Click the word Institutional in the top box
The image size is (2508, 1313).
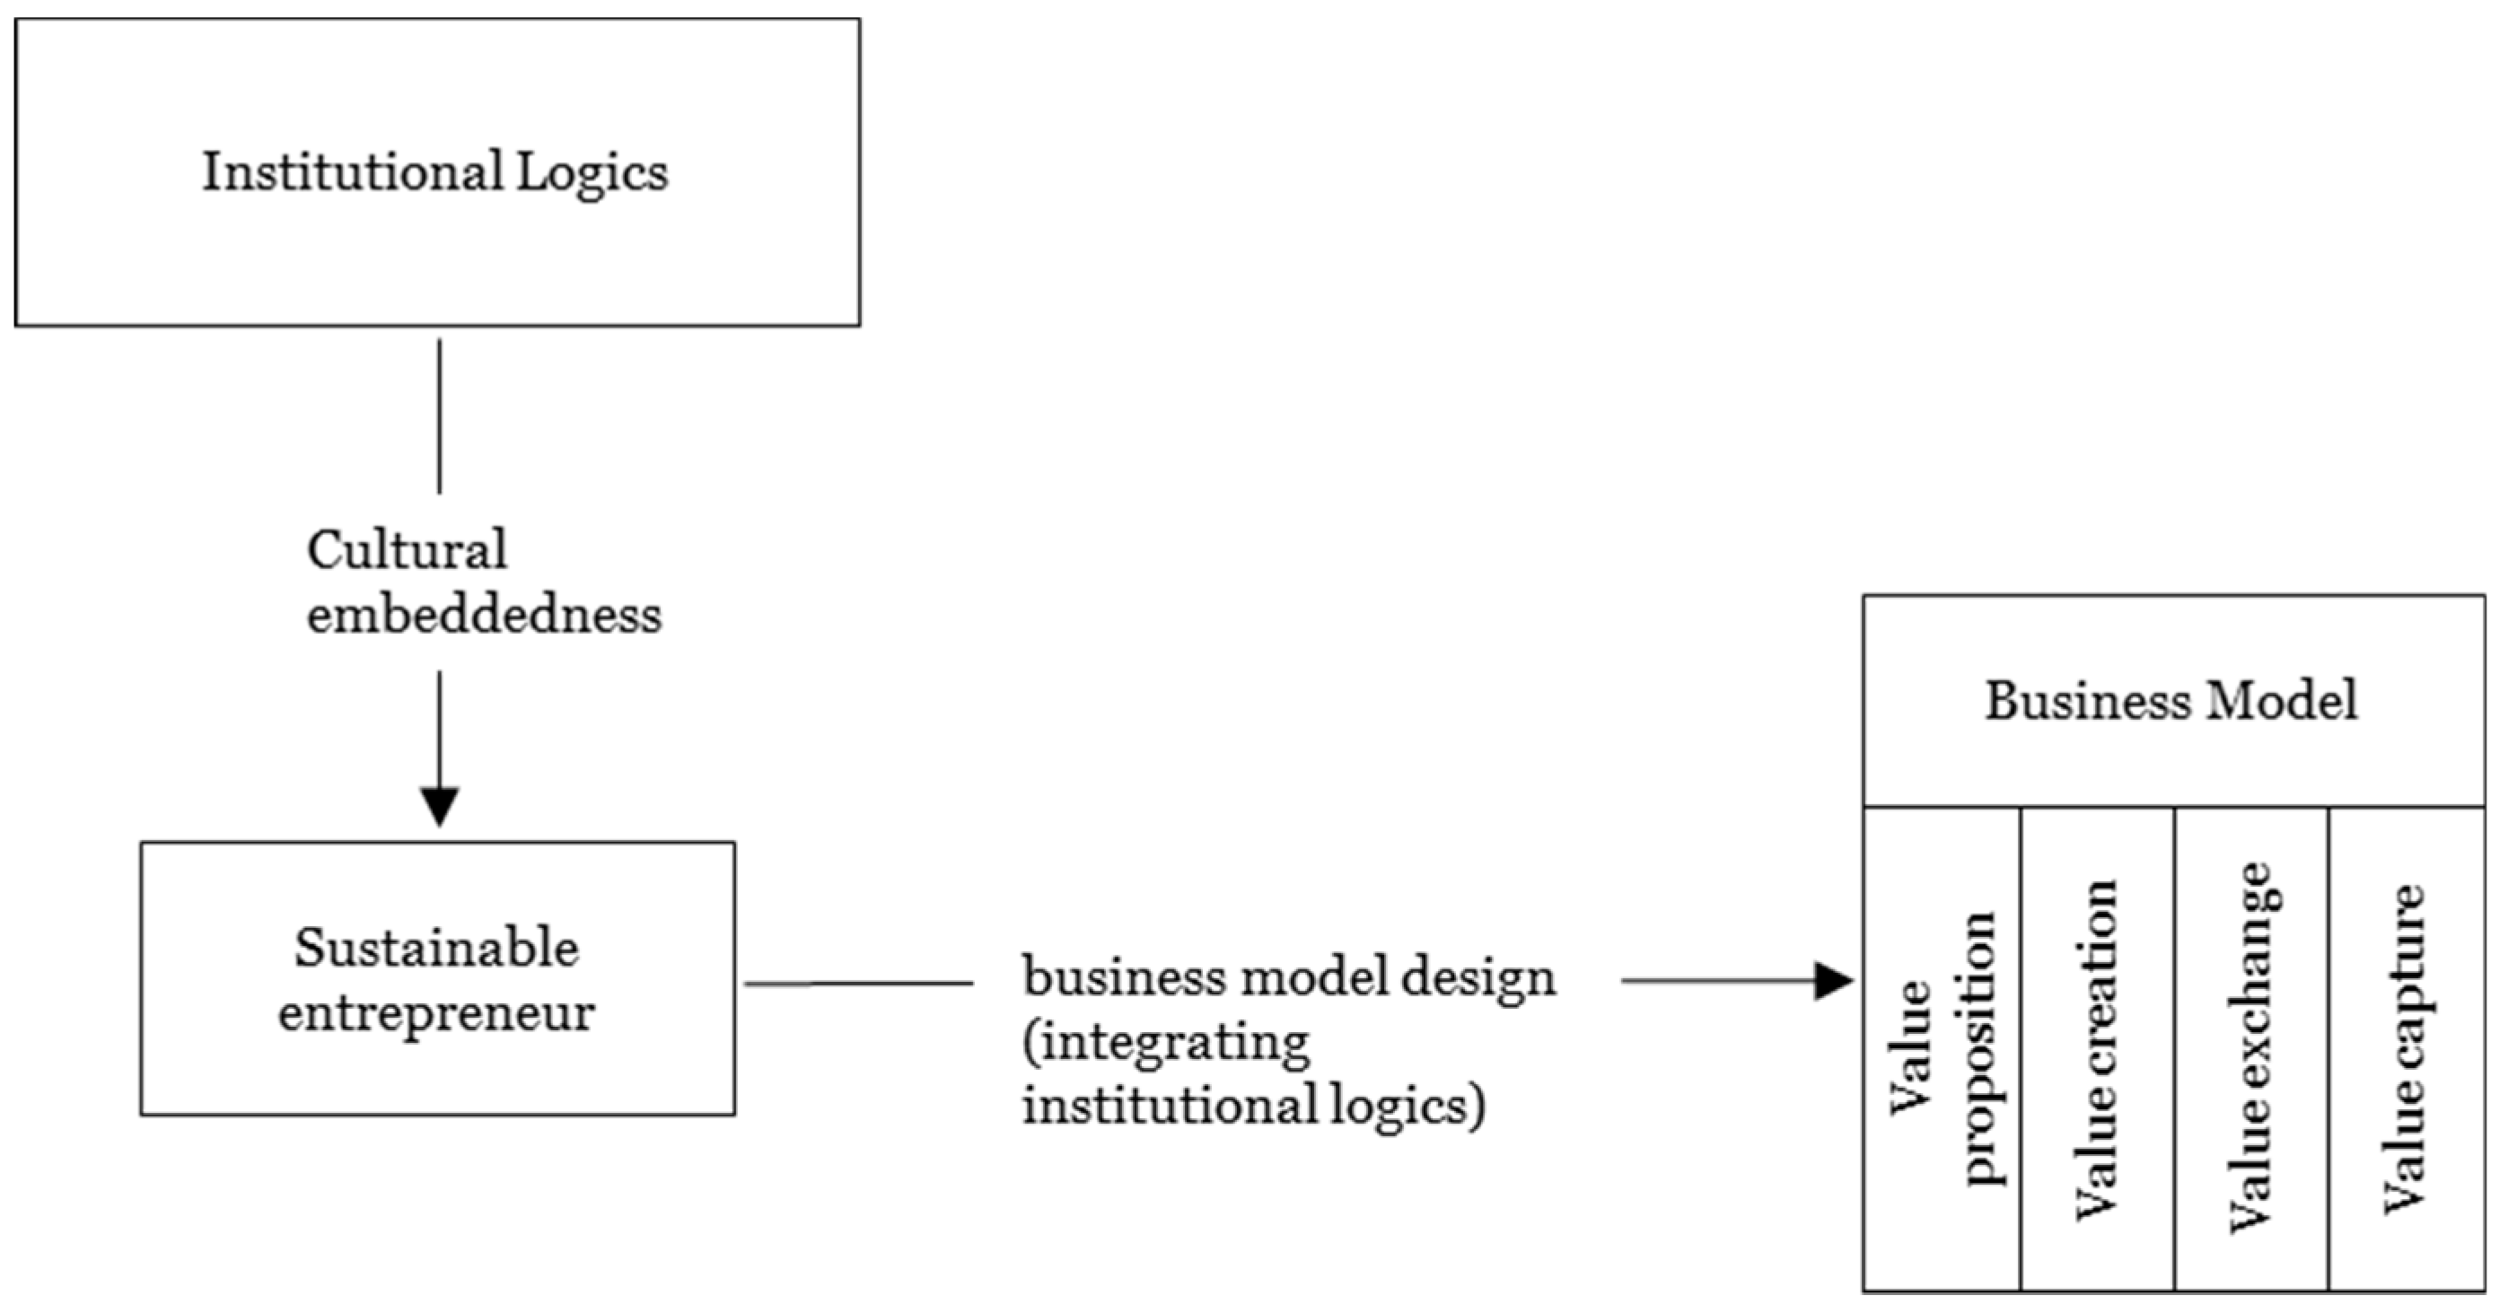[352, 172]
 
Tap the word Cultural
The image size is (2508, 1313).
[407, 551]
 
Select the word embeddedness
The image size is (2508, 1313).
[484, 615]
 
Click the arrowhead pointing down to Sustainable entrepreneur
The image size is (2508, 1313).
[439, 805]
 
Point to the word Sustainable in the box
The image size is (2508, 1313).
[436, 948]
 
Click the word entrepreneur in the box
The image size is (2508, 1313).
[436, 1013]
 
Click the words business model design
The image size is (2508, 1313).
[1288, 977]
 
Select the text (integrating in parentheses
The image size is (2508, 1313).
[1165, 1044]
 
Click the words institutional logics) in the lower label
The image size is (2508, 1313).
[1253, 1107]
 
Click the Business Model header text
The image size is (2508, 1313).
[2171, 701]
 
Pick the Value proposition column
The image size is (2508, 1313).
[1942, 1049]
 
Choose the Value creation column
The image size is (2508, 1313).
[2097, 1049]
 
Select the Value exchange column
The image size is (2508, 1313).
[2251, 1049]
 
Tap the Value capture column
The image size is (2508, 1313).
[2405, 1049]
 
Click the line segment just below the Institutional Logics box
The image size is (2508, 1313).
[439, 416]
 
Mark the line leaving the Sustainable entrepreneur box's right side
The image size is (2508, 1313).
[856, 984]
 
